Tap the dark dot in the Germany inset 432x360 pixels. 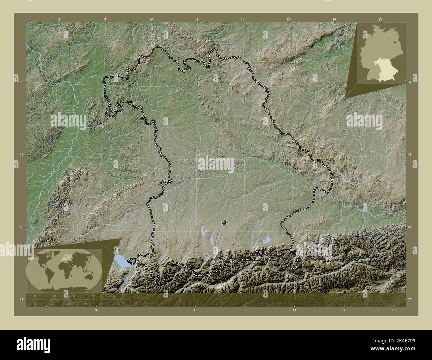click(x=394, y=42)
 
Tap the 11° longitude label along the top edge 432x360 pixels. click(x=197, y=19)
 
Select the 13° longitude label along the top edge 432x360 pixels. click(x=289, y=19)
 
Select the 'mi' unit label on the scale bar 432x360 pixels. click(x=137, y=302)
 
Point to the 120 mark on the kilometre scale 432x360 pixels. click(x=113, y=296)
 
